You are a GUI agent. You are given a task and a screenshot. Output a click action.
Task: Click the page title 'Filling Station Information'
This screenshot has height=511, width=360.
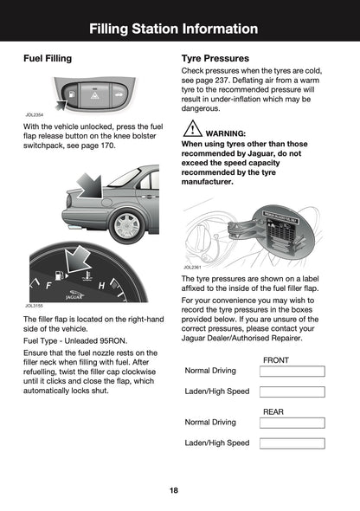point(180,29)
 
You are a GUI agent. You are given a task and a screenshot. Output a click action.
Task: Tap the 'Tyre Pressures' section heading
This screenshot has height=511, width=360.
point(216,59)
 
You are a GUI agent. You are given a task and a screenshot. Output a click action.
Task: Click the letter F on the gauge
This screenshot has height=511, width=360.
point(48,284)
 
